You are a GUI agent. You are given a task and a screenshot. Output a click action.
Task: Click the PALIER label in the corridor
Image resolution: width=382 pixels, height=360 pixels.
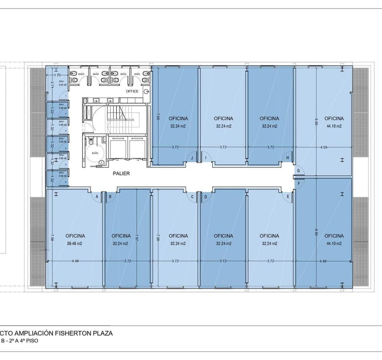(121, 174)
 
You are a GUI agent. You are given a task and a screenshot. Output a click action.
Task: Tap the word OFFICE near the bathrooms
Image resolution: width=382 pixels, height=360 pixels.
(132, 91)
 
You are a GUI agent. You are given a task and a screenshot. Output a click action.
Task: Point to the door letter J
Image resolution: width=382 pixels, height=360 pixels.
(192, 158)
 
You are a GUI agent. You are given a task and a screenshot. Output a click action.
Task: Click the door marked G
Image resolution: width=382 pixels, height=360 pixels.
(299, 171)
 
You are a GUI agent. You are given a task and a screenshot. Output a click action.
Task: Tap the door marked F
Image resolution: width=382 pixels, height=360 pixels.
(299, 183)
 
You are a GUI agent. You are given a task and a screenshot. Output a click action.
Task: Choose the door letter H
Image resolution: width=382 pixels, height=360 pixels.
(287, 158)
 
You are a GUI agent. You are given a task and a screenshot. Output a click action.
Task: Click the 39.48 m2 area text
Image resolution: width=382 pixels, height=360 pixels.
(74, 243)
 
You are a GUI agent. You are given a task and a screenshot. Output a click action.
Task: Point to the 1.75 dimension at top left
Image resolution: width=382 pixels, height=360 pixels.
(57, 75)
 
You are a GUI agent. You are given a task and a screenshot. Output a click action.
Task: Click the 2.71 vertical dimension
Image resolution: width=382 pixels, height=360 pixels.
(52, 84)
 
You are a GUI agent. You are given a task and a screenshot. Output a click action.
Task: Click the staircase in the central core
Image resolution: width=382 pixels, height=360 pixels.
(122, 119)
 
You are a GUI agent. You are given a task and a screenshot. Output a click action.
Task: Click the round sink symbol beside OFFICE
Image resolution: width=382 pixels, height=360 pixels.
(146, 91)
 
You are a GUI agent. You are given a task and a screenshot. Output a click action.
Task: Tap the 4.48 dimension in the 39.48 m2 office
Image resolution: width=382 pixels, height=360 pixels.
(75, 261)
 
